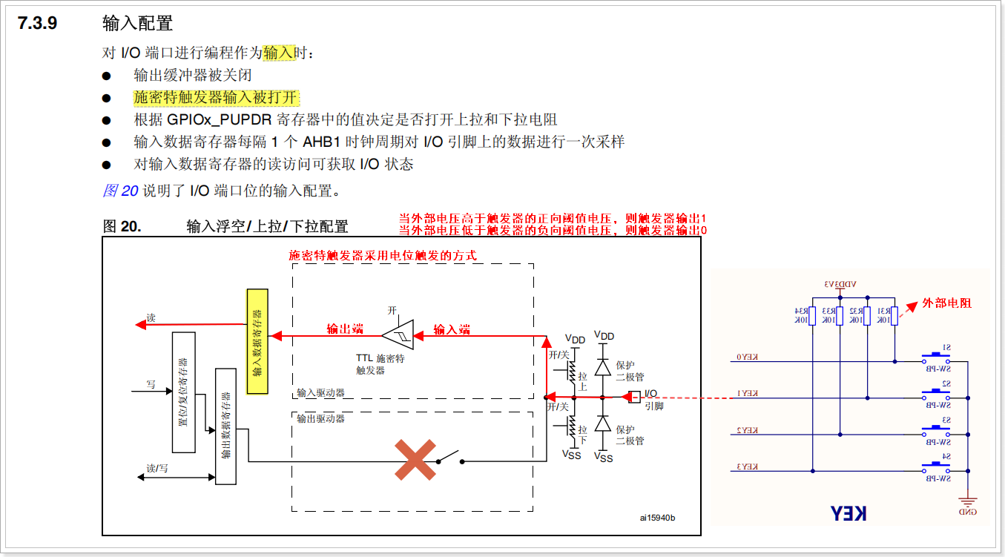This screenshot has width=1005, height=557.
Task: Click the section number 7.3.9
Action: click(x=38, y=23)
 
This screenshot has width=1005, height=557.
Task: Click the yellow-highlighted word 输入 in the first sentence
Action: click(x=278, y=53)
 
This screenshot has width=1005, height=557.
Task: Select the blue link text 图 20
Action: click(x=120, y=191)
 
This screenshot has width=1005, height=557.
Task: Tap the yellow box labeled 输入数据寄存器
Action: click(x=257, y=342)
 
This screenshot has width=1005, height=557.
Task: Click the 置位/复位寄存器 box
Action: click(x=183, y=392)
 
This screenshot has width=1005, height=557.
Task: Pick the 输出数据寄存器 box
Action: click(x=225, y=426)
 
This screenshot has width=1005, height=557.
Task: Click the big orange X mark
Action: click(x=415, y=460)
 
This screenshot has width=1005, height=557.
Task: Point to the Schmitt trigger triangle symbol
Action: click(x=398, y=335)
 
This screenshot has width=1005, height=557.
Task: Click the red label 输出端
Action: click(x=345, y=329)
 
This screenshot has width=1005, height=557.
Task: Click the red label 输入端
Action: click(x=452, y=329)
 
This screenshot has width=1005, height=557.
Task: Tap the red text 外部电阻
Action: click(x=946, y=303)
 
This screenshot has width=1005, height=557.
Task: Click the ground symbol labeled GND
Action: click(x=968, y=504)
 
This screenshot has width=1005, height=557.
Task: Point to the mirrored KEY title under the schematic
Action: click(x=848, y=512)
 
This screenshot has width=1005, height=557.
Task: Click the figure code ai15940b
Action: click(x=658, y=518)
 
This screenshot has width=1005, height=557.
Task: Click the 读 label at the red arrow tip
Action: click(x=151, y=317)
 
